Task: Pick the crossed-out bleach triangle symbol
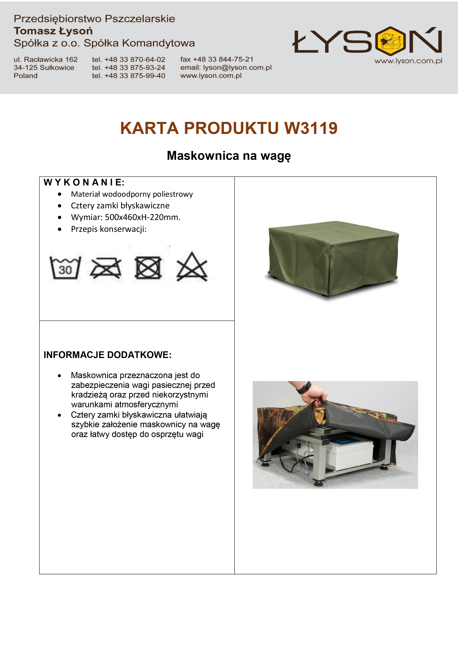click(192, 267)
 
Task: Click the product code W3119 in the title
click(311, 128)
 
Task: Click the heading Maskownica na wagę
click(229, 156)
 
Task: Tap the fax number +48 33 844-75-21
click(223, 59)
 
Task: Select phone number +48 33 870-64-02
click(135, 59)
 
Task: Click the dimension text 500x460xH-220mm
click(143, 217)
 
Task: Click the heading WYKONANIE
click(84, 182)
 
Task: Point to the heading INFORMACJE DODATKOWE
click(107, 355)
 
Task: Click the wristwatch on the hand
click(304, 388)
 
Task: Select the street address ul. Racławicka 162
click(46, 59)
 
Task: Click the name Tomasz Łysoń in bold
click(53, 31)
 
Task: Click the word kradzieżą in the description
click(89, 395)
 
